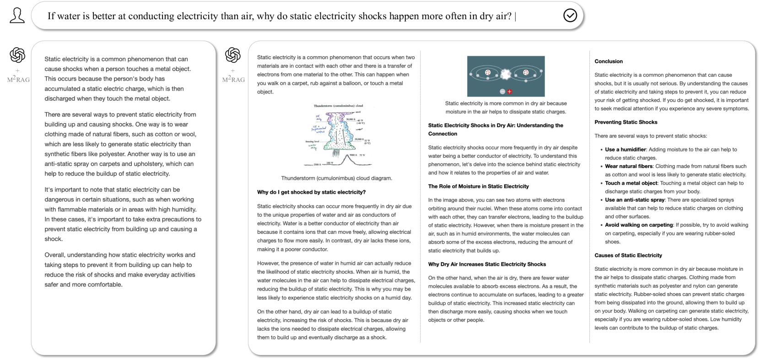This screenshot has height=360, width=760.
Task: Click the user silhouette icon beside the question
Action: (x=17, y=16)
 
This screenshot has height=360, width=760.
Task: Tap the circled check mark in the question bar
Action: (x=570, y=16)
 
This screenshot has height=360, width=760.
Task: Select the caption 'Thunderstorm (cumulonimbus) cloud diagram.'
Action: (x=336, y=178)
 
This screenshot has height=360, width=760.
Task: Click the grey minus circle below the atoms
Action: (x=502, y=91)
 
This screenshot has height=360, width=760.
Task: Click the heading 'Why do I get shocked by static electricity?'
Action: (x=311, y=192)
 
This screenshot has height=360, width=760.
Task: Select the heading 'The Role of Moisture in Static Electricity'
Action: (x=478, y=186)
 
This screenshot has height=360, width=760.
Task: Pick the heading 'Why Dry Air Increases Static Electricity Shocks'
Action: (x=487, y=264)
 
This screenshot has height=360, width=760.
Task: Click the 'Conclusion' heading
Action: (x=609, y=61)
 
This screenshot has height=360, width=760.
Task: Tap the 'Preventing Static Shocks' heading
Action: (x=625, y=122)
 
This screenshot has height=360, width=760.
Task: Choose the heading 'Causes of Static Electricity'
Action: (x=628, y=255)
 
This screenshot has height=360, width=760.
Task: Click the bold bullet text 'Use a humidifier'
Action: (x=625, y=150)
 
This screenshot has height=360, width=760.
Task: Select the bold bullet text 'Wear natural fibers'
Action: (x=629, y=166)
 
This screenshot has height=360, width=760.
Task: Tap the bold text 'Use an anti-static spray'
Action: (x=635, y=200)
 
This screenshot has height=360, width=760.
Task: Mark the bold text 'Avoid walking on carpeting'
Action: (x=639, y=225)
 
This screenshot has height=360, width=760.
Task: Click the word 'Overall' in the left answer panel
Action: (x=55, y=255)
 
